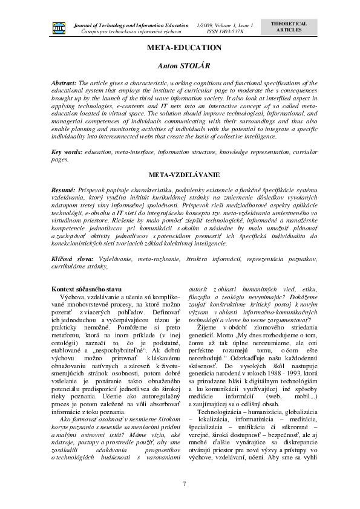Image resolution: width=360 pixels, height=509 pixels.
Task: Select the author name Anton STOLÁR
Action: click(x=180, y=63)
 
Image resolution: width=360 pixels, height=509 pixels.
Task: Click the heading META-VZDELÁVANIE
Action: click(x=180, y=175)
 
